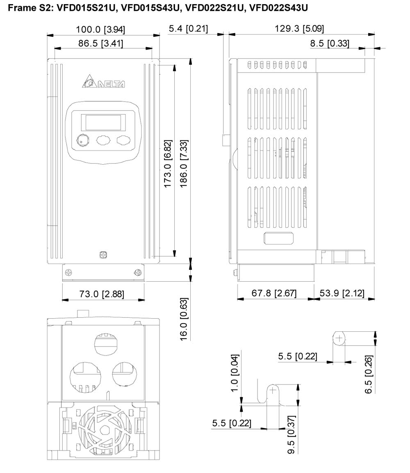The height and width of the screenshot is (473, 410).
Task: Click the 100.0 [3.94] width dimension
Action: click(x=100, y=29)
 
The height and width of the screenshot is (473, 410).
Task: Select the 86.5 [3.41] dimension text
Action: click(x=101, y=43)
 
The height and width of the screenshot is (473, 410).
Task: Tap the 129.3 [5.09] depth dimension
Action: click(x=299, y=29)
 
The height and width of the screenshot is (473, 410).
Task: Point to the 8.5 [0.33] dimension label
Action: click(x=330, y=43)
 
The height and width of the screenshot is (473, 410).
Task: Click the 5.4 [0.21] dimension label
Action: click(x=188, y=29)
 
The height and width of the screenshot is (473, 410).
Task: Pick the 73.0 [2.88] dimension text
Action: click(x=102, y=294)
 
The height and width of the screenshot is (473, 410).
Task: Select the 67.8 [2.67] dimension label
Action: click(x=274, y=293)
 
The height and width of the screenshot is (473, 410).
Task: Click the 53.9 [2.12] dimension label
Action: click(x=342, y=293)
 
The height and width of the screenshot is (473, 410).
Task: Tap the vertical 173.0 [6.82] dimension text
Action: click(x=168, y=163)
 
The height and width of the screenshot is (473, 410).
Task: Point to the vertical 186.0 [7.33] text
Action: click(x=184, y=163)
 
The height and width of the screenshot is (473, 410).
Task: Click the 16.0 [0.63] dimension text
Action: click(x=184, y=319)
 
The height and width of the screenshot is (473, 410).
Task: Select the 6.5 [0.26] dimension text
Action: click(x=369, y=374)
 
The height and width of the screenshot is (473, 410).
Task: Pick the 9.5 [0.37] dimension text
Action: click(x=292, y=435)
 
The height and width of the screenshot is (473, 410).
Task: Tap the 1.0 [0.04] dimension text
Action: click(x=235, y=373)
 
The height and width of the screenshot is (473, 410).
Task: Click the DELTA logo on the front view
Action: click(x=104, y=81)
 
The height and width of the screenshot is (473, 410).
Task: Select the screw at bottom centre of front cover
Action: click(x=103, y=255)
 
